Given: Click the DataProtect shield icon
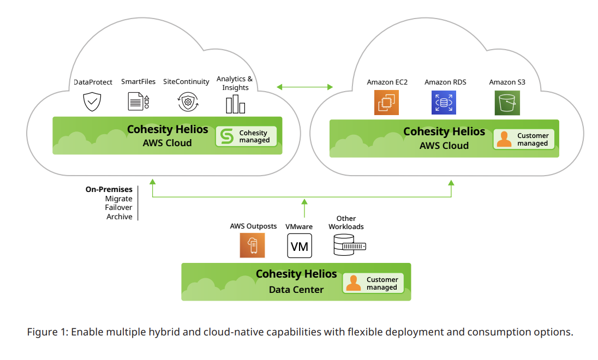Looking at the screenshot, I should point(92,102).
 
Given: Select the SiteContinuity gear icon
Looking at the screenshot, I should point(188,102).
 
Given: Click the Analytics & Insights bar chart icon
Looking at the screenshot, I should point(235,104).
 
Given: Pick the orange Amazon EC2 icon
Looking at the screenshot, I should point(387,103).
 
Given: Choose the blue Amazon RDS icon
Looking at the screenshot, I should point(444,103).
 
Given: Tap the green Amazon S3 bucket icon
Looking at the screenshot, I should point(507,103).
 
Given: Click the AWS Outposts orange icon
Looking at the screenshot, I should point(252,245).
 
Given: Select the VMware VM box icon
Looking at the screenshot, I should point(300,245).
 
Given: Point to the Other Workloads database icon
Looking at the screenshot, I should point(349,245).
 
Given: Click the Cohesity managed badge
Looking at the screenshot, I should point(246,136).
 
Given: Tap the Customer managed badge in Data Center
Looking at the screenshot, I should point(373,283).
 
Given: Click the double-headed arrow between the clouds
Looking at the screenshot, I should point(304,87).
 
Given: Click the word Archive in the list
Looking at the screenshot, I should point(119,217).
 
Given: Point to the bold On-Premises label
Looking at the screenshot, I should point(109,190).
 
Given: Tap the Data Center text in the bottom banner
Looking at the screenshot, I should point(296,290).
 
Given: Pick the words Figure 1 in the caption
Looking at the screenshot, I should point(47,332).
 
